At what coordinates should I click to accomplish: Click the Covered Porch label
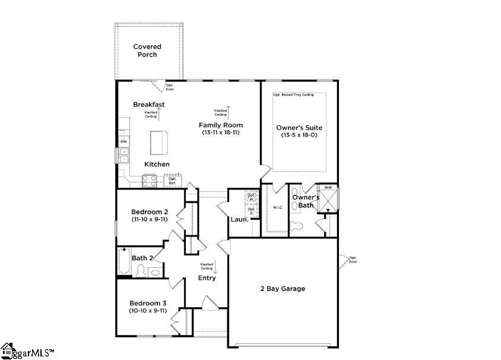coord(147,50)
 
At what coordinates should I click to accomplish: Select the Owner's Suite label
coord(299,127)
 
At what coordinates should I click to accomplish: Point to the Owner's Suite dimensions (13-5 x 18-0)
coord(299,135)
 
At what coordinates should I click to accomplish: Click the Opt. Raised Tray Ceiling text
coord(293,94)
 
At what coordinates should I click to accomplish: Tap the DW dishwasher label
coord(123,141)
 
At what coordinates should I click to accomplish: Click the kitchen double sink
coord(124,156)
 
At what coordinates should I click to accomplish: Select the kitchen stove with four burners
coord(149,181)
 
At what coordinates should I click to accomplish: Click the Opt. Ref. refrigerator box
coord(173,181)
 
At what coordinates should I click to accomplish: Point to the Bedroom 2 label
coord(150,212)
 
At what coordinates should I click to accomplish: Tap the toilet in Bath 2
coord(141,271)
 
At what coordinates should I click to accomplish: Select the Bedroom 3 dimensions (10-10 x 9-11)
coord(148,310)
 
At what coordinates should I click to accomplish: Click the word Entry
coord(207,278)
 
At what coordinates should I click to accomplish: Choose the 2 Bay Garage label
coord(283,289)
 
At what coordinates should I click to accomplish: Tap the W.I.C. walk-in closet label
coord(277,208)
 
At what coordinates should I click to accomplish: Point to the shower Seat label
coord(327,187)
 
